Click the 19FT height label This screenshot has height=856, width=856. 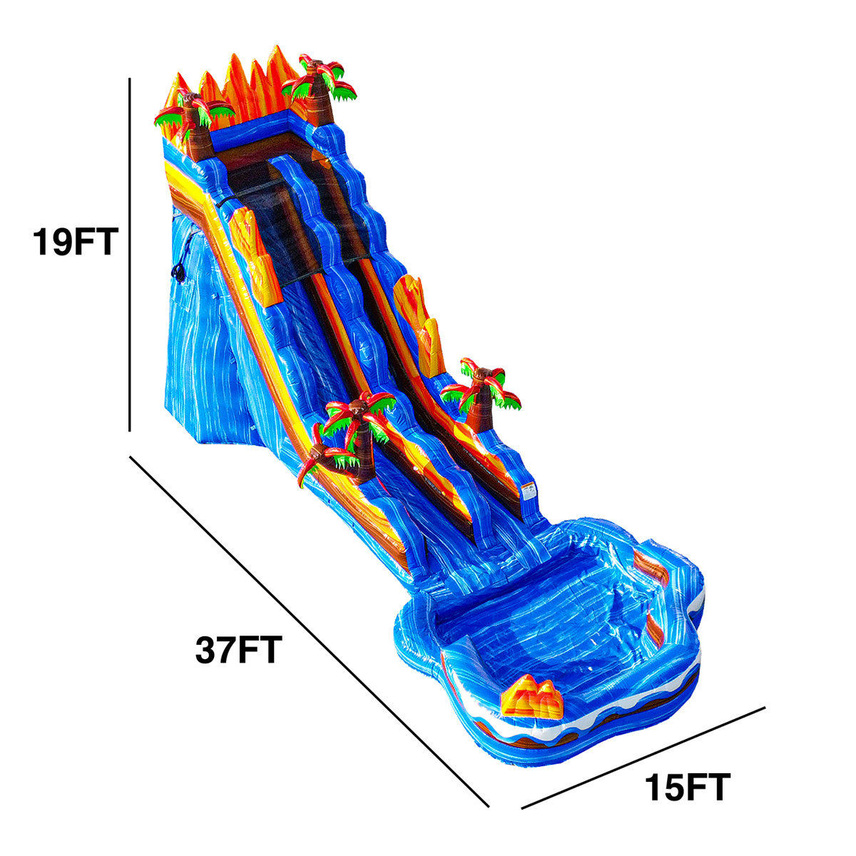tap(73, 242)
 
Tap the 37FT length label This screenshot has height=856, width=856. tap(238, 650)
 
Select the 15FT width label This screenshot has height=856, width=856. tap(688, 788)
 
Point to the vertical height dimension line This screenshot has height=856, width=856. tap(129, 257)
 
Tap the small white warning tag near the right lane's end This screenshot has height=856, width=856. tap(529, 491)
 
